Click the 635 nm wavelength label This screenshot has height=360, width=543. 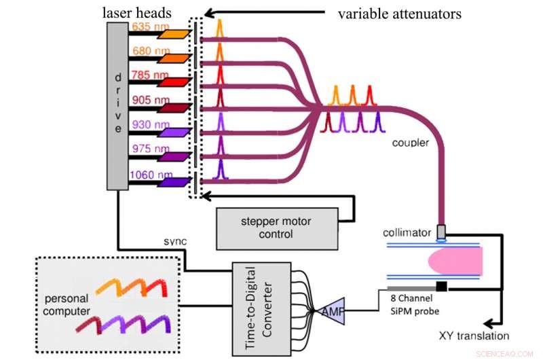tap(149, 26)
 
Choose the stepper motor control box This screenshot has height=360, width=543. tap(276, 229)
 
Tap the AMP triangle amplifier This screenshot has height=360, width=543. tap(331, 309)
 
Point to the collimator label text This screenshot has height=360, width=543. tap(407, 232)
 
